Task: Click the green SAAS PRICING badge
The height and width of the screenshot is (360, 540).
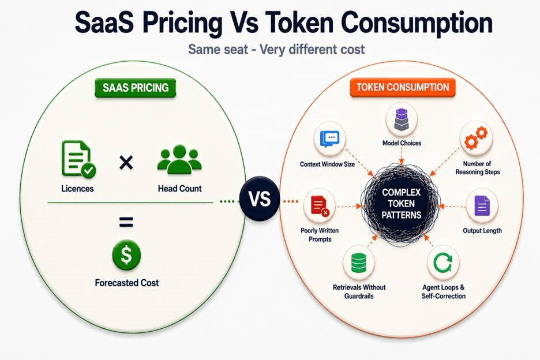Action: [136, 88]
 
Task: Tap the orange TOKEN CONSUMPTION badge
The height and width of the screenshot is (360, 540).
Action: [403, 87]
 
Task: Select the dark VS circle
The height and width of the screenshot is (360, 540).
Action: [260, 199]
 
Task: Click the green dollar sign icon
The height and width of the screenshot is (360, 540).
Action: [126, 255]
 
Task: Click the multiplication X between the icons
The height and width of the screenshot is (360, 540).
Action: [126, 162]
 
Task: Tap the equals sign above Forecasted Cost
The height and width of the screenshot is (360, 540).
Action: [126, 222]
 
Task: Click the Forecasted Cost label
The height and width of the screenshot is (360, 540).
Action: [127, 283]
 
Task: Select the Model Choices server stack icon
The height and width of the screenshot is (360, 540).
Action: [401, 119]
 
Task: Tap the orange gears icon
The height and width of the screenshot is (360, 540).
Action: [476, 137]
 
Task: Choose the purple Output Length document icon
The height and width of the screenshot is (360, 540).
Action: [482, 206]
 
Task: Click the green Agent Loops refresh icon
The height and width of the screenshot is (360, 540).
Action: [443, 262]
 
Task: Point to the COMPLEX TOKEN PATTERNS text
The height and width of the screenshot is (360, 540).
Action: [402, 204]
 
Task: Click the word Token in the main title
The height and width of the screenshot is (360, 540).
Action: [299, 23]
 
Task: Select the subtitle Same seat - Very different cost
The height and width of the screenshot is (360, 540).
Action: [276, 49]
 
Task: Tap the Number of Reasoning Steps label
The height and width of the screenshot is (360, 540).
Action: [477, 168]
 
